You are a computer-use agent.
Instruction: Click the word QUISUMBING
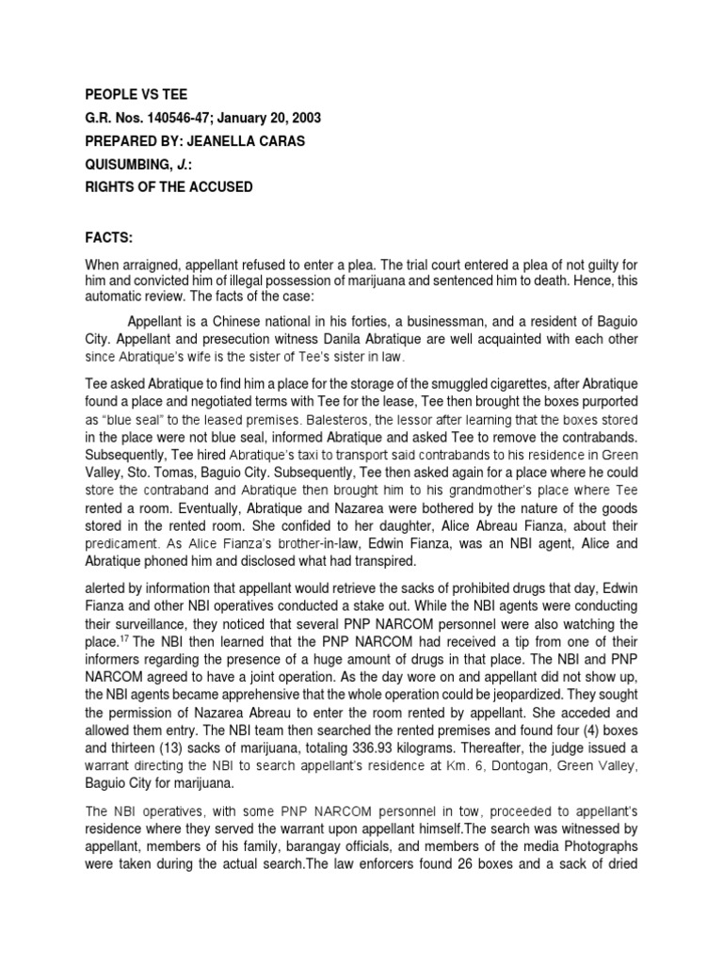131,164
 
